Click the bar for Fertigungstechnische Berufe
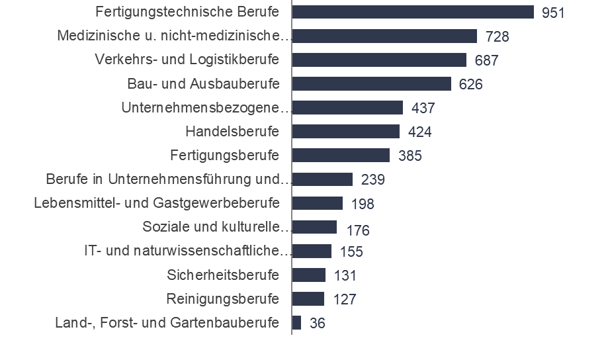tap(413, 12)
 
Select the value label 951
tap(553, 13)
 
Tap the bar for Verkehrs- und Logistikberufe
tap(379, 60)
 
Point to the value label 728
tap(496, 36)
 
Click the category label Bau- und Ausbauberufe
tap(203, 84)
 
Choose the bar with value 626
tap(371, 83)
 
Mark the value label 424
tap(419, 132)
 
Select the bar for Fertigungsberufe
tap(341, 155)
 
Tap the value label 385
tap(410, 156)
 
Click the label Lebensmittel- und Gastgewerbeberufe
tap(157, 202)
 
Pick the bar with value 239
tap(322, 179)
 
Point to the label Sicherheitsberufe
tap(224, 275)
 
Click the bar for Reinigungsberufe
tap(308, 298)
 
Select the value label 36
tap(317, 323)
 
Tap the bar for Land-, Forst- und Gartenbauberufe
tap(296, 322)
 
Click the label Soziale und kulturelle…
tap(217, 227)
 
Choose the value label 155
tap(351, 251)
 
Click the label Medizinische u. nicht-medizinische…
tap(175, 36)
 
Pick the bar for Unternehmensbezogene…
tap(347, 107)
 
